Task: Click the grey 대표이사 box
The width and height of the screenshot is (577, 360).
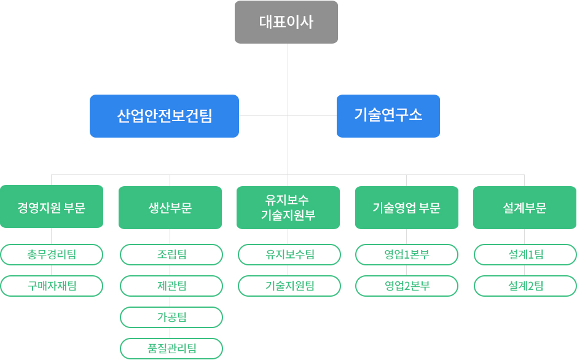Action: [x=286, y=22]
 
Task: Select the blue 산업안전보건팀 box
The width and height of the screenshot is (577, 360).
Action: [x=165, y=116]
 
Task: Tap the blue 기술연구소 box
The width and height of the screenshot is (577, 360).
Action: [x=388, y=116]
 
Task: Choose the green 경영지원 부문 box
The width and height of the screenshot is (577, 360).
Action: [x=52, y=206]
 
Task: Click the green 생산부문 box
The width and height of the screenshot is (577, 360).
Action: [x=170, y=208]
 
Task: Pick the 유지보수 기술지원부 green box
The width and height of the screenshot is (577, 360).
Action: [x=288, y=208]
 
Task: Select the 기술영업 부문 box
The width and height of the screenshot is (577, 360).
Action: [x=407, y=208]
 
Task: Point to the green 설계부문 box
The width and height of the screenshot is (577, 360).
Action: [x=525, y=208]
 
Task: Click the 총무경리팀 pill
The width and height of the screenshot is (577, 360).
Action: [x=52, y=254]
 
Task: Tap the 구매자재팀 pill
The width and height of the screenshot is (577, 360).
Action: [x=52, y=286]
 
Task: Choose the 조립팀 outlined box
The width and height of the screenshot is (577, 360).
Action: [x=171, y=254]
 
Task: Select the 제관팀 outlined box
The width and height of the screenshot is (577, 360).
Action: [x=171, y=286]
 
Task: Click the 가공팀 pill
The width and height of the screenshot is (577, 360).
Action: [x=171, y=317]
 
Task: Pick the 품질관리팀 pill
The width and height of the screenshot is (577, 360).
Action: [x=171, y=348]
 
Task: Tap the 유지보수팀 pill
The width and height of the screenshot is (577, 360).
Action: [x=289, y=254]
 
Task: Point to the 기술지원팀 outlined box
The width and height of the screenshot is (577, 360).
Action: [x=289, y=286]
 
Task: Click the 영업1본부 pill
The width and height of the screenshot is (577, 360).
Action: [x=407, y=254]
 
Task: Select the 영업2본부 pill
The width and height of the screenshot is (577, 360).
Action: [x=407, y=286]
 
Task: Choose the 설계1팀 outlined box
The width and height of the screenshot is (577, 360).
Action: [x=525, y=254]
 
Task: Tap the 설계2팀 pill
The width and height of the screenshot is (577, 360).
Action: [x=525, y=286]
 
